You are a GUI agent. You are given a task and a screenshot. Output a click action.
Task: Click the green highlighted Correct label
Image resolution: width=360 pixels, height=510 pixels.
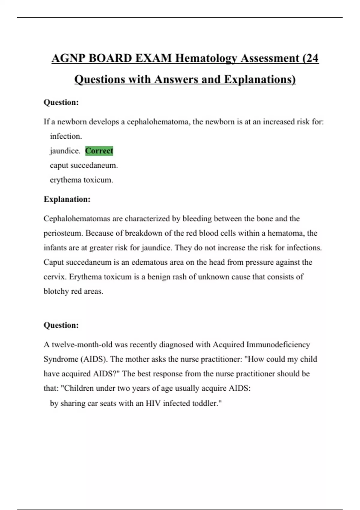click(99, 151)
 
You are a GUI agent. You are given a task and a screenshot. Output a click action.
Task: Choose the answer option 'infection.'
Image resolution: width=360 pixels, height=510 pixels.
click(66, 136)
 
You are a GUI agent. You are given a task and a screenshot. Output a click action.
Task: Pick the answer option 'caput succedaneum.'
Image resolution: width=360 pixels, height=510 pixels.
click(84, 165)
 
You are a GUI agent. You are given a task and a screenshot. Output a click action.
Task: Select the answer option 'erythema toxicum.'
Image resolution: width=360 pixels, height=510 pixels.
click(81, 180)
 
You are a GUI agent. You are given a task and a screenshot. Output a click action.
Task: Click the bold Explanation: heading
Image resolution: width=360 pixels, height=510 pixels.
click(67, 199)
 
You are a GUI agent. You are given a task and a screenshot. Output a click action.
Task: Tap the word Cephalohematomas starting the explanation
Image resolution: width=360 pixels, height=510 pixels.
click(77, 219)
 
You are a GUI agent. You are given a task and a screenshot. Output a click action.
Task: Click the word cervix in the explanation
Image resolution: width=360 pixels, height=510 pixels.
click(55, 277)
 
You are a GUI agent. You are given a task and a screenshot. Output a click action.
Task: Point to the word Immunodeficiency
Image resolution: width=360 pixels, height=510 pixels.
click(278, 345)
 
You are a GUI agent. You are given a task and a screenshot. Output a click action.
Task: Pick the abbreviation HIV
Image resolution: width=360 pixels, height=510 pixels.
click(153, 403)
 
